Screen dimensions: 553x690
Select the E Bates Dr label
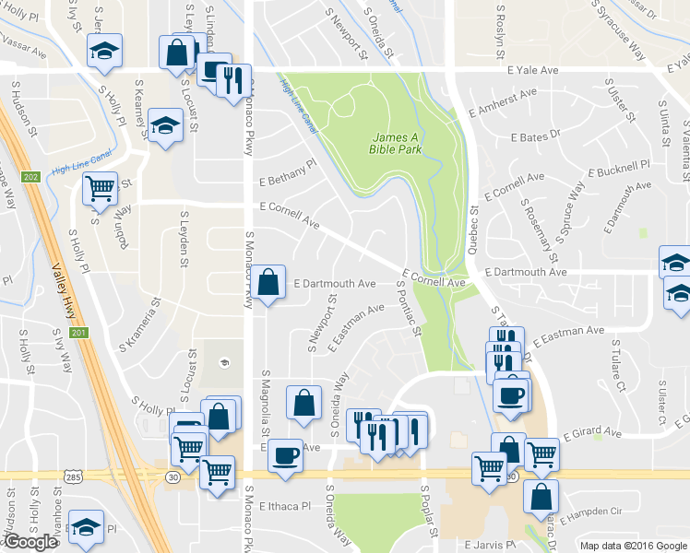tap(536, 136)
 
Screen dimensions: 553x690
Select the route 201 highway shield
tap(77, 333)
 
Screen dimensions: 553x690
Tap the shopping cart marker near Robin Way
tap(99, 189)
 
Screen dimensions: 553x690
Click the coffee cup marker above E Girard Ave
tap(510, 395)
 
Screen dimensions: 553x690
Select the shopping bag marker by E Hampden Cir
tap(541, 494)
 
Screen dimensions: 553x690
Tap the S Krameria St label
tap(139, 323)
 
